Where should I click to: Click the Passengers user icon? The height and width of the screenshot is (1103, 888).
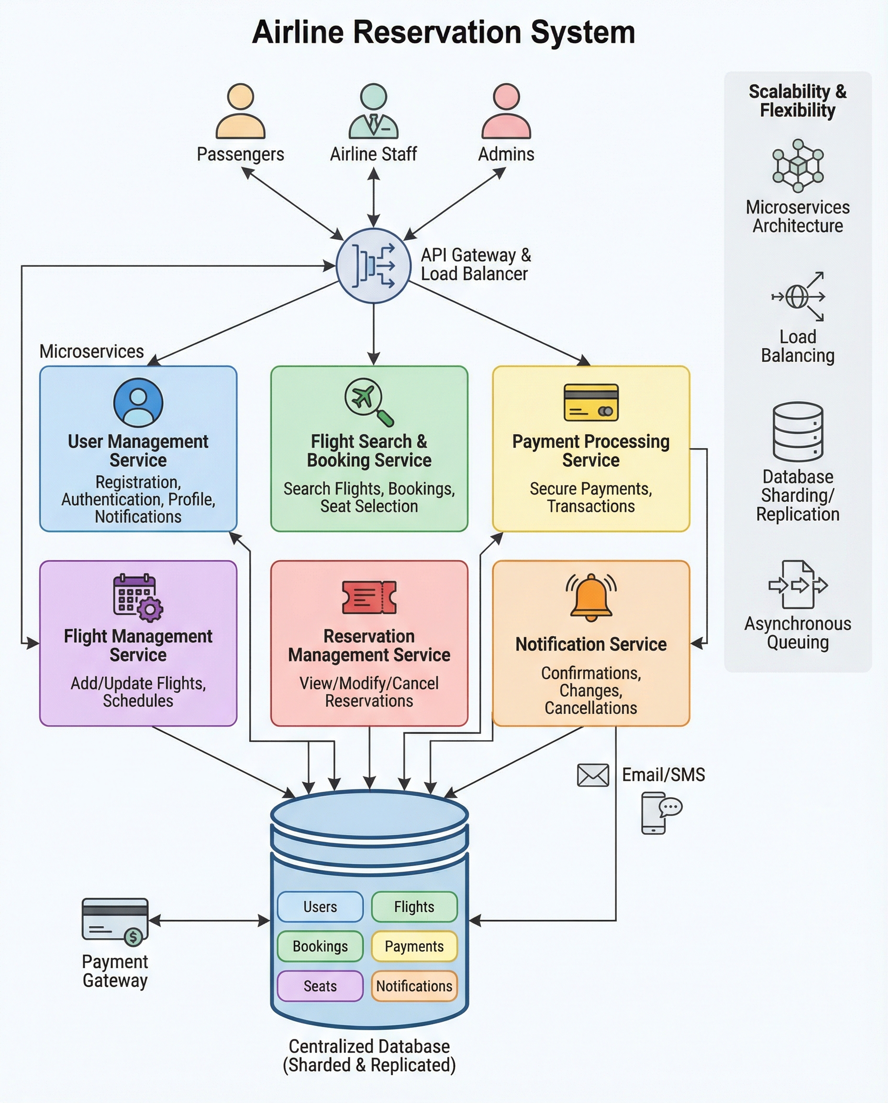(x=240, y=111)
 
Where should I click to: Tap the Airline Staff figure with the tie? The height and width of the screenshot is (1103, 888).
(x=373, y=111)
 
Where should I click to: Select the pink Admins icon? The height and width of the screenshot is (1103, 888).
(x=506, y=111)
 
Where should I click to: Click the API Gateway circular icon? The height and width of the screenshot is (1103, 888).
(x=373, y=266)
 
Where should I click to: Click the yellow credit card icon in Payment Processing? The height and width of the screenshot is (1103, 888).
(x=591, y=402)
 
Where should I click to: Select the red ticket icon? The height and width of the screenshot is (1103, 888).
(x=369, y=597)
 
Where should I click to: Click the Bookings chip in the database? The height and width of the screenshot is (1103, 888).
(x=320, y=946)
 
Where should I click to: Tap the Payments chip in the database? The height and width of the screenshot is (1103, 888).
(x=414, y=946)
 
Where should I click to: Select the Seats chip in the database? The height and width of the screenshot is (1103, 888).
(x=320, y=986)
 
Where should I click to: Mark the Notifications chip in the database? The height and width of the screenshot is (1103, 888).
(x=414, y=986)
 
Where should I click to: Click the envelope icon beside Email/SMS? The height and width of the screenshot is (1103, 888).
(x=593, y=775)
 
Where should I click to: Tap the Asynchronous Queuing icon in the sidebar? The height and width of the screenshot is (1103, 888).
(x=798, y=585)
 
